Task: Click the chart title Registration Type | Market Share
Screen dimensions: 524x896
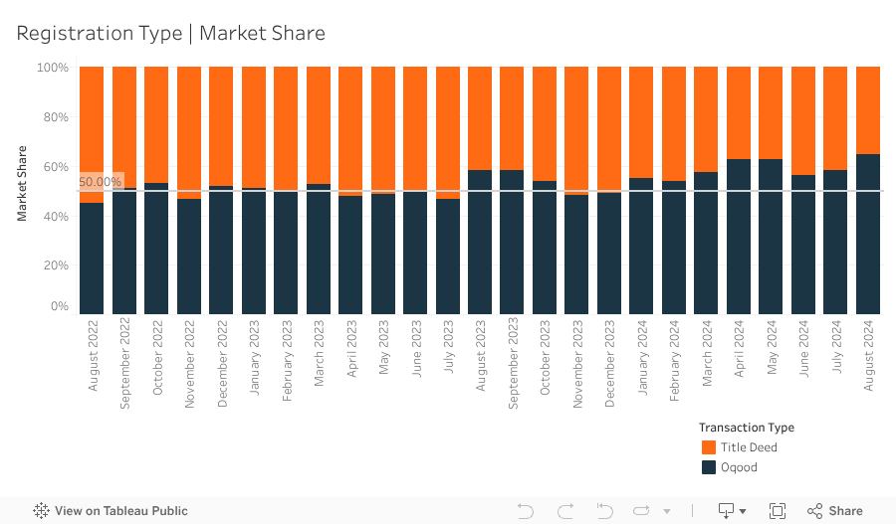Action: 170,33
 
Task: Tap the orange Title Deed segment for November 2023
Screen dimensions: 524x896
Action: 576,129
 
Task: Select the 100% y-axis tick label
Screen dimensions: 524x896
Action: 52,68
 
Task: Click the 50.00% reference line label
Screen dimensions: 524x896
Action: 100,182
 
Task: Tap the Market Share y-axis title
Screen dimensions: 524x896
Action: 22,183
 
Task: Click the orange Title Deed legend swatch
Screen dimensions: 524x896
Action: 709,447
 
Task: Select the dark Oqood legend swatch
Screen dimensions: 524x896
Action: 709,467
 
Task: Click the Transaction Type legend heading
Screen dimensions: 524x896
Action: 746,428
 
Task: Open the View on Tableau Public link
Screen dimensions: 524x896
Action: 111,511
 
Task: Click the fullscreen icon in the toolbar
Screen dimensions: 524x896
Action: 778,511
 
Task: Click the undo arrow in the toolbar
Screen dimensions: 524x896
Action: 526,511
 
